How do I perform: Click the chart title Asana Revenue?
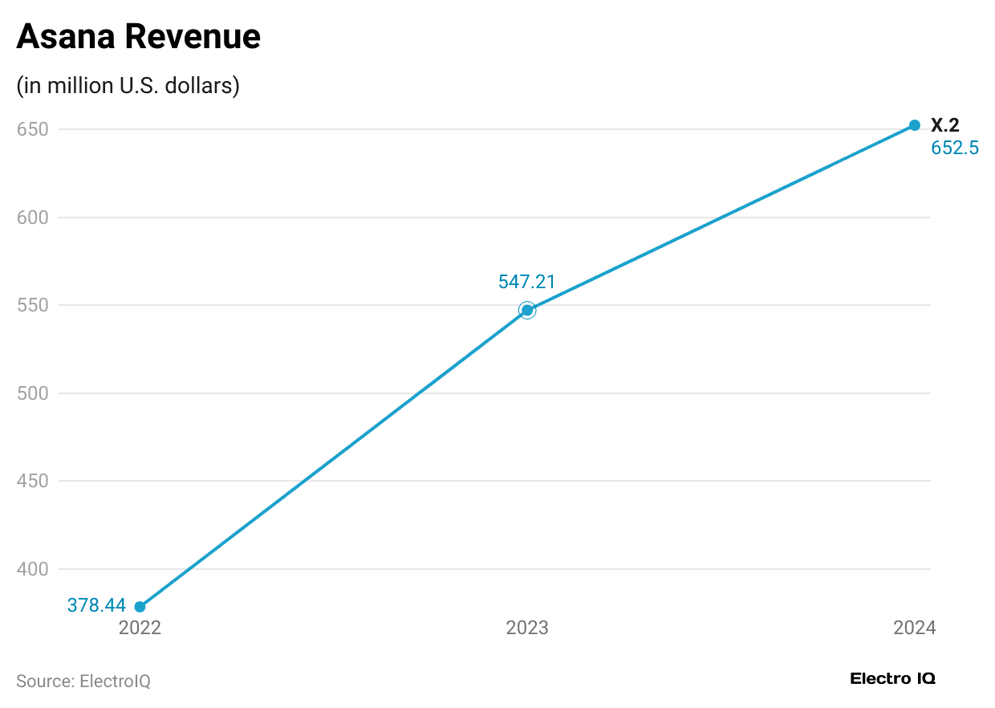(138, 37)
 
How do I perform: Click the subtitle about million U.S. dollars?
(128, 86)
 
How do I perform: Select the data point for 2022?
(140, 607)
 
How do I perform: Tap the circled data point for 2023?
(527, 310)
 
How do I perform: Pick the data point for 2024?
(914, 125)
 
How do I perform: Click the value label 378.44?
(96, 606)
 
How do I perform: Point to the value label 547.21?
(526, 282)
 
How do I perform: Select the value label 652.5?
(954, 149)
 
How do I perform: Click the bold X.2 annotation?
(944, 125)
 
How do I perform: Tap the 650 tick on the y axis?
(33, 130)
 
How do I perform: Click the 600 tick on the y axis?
(33, 218)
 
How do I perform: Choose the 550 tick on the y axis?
(33, 306)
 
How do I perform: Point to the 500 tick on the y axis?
(33, 393)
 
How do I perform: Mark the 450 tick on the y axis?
(33, 482)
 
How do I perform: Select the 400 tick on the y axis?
(33, 569)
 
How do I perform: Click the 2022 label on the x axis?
(140, 629)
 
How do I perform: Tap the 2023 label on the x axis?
(527, 629)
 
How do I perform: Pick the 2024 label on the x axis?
(914, 629)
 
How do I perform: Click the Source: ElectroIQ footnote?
(83, 682)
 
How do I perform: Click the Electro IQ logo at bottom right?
(892, 679)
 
